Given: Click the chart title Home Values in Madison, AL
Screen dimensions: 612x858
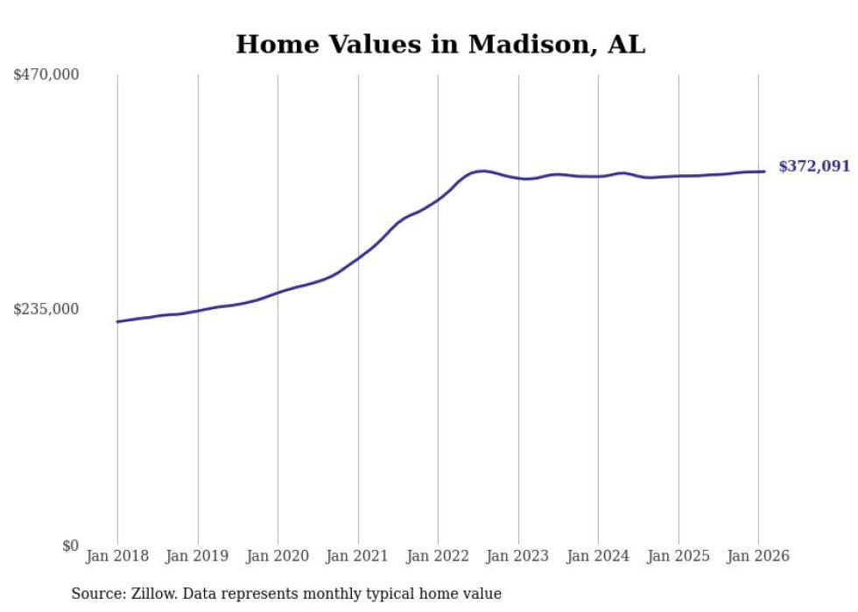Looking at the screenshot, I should tap(440, 45).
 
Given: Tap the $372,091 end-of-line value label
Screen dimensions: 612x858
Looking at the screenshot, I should tap(813, 166).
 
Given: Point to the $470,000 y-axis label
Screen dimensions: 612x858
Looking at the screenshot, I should tap(46, 75).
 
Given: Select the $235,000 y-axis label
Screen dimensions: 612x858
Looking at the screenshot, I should tap(46, 309).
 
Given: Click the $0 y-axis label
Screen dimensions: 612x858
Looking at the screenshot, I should tap(70, 546).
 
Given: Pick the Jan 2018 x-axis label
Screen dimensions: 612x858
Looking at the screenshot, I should tap(117, 557).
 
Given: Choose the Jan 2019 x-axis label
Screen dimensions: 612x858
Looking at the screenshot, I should tap(198, 557).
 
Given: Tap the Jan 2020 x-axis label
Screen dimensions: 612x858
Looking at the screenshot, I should tap(278, 557).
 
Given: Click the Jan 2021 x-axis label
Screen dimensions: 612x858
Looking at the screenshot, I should tap(358, 557).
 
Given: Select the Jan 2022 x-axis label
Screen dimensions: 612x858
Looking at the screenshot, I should tap(438, 557).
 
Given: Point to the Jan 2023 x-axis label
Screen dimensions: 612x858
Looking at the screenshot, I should tap(518, 557).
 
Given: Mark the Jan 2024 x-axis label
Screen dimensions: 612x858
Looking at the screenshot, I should tap(598, 557).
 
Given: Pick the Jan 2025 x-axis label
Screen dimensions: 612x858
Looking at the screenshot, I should tap(679, 557).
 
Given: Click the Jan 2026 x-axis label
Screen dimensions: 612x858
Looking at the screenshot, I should tap(758, 557).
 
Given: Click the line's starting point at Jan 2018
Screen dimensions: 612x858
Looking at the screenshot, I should tap(118, 321).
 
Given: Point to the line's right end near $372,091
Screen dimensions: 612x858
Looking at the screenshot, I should tap(764, 172).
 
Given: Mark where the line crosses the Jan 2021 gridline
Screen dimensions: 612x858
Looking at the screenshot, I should tap(358, 258).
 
